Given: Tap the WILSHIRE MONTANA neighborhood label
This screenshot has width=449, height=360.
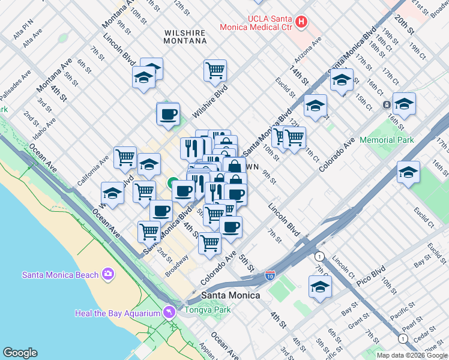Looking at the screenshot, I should pyautogui.click(x=185, y=37).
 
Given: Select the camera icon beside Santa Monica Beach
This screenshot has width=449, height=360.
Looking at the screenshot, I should pyautogui.click(x=108, y=274).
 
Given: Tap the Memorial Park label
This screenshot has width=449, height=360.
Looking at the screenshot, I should pyautogui.click(x=387, y=140).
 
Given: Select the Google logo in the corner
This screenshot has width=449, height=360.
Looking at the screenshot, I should pyautogui.click(x=20, y=352).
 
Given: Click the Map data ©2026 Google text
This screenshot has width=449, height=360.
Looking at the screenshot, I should pyautogui.click(x=412, y=355).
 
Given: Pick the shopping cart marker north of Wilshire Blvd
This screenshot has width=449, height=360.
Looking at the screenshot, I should pyautogui.click(x=215, y=71).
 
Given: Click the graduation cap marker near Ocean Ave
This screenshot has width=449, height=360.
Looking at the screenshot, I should pyautogui.click(x=112, y=193).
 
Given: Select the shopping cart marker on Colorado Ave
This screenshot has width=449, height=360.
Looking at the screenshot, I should pyautogui.click(x=209, y=243).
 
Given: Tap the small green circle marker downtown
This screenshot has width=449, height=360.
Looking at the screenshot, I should pyautogui.click(x=172, y=182).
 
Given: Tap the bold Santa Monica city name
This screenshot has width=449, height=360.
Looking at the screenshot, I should pyautogui.click(x=231, y=295).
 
